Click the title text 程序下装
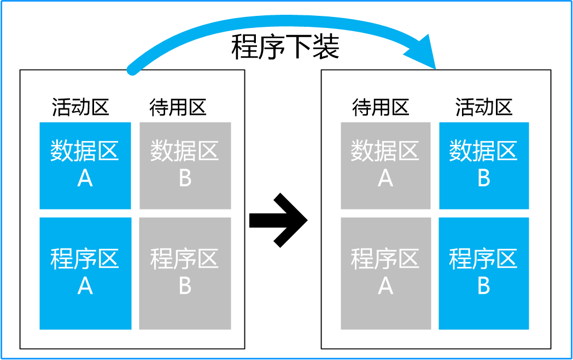pos(285,48)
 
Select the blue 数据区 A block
pos(85,165)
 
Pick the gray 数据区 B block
pos(185,165)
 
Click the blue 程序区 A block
pos(85,273)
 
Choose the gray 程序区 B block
pos(185,273)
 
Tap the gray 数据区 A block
pos(385,165)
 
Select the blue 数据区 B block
pos(484,165)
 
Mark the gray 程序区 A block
pos(385,273)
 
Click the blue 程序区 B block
pos(484,273)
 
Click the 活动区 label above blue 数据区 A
pos(81,107)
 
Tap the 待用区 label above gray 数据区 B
pos(178,107)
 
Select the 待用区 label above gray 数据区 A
pos(381,107)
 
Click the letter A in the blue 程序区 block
pos(85,286)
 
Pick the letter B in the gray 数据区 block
pos(185,178)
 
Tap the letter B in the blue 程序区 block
pos(484,286)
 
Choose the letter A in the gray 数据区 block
pos(385,178)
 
